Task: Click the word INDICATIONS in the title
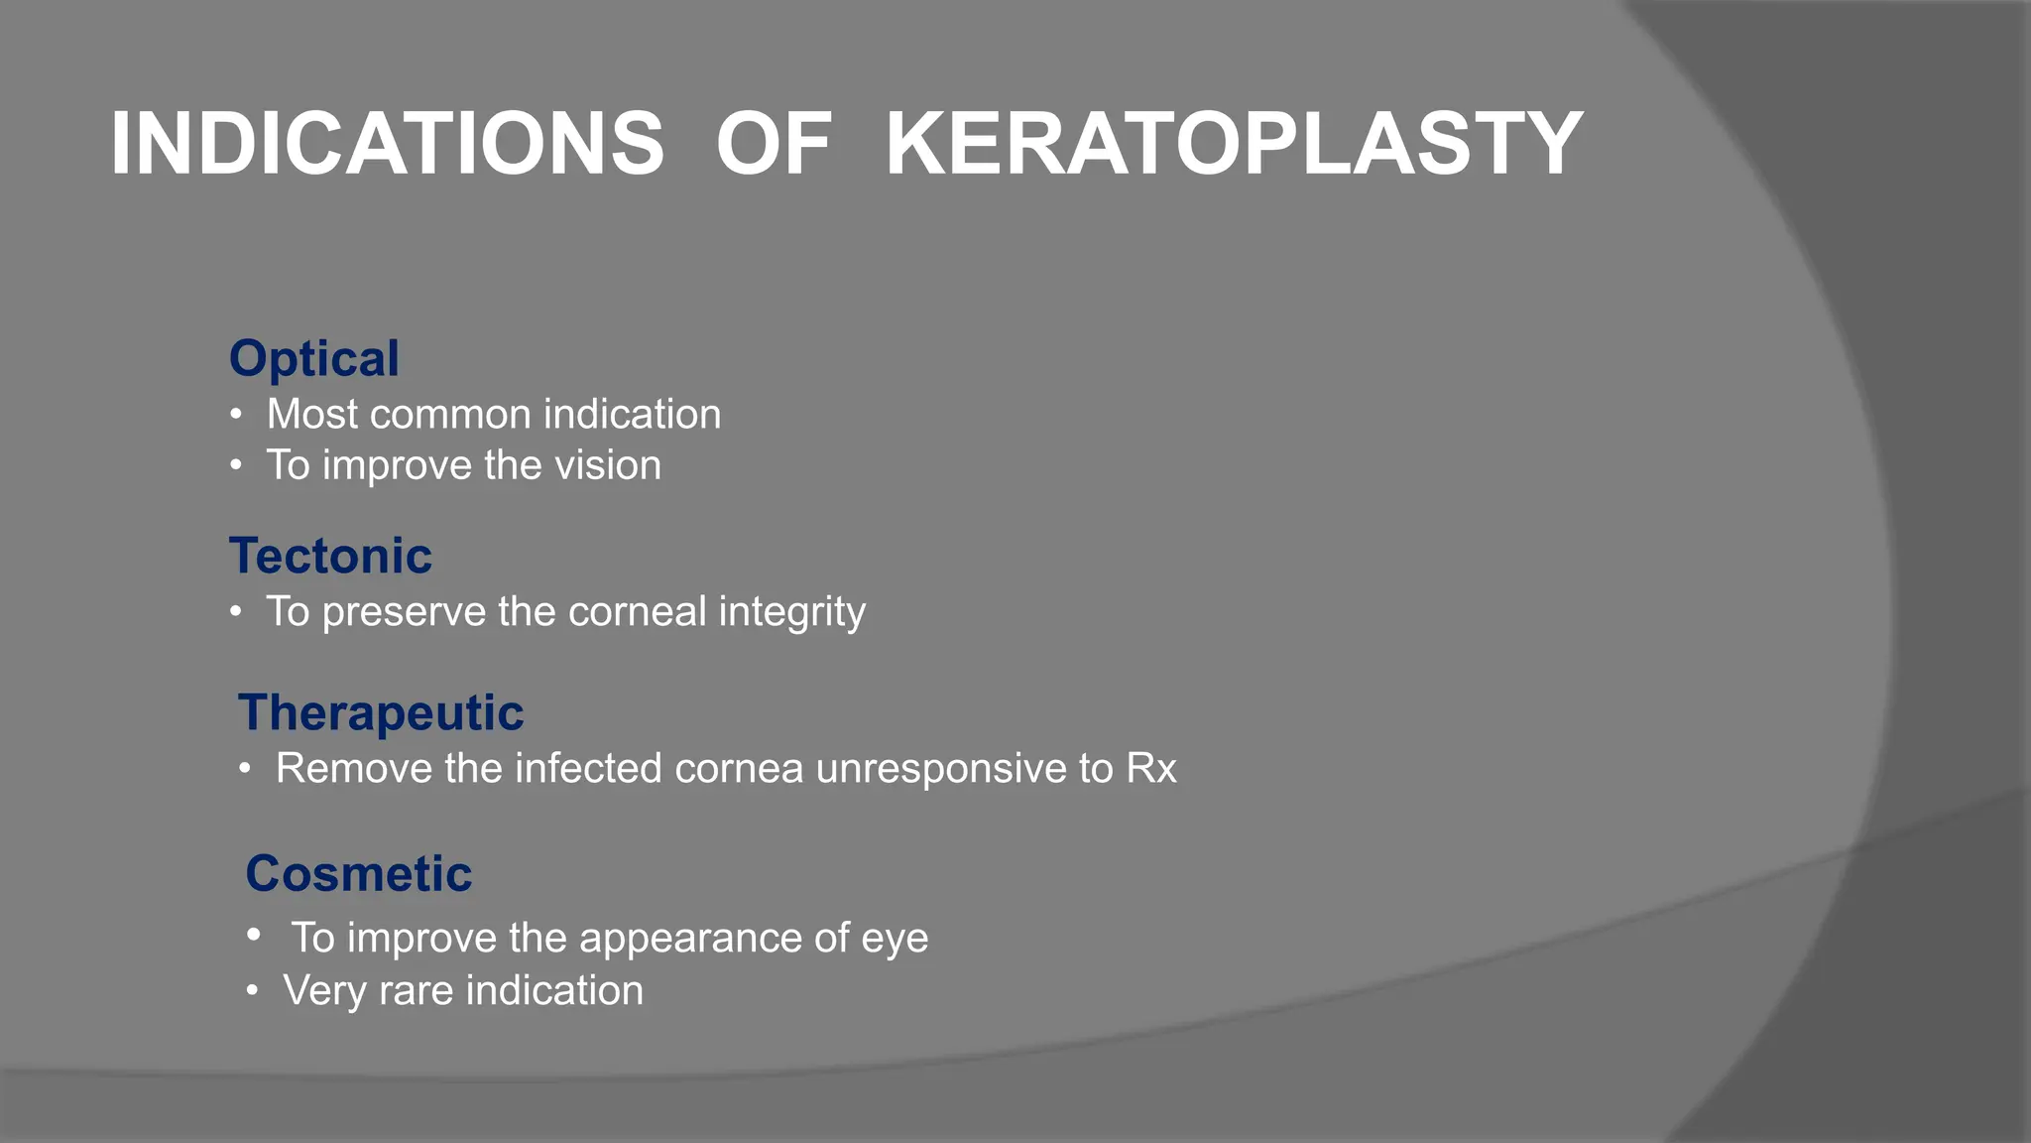pos(387,145)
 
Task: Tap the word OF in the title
pos(774,145)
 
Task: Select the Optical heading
pos(313,358)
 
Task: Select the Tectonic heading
pos(330,556)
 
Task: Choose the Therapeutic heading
pos(381,712)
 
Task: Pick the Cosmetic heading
pos(358,874)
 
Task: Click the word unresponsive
pos(964,769)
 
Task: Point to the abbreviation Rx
pos(1151,769)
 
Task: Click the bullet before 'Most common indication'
pos(235,415)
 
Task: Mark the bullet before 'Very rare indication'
pos(253,990)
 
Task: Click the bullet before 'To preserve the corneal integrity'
pos(235,611)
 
